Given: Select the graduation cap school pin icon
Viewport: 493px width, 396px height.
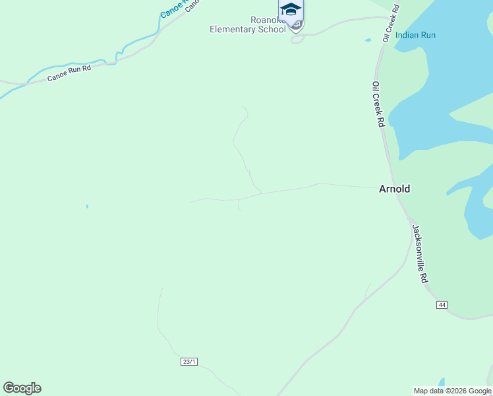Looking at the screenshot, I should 291,10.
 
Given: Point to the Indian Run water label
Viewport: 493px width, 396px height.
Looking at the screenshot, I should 415,35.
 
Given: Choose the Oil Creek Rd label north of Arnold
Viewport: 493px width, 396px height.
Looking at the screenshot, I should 378,104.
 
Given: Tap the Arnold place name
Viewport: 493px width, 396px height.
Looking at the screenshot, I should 394,189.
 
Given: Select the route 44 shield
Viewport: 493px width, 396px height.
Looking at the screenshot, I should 442,304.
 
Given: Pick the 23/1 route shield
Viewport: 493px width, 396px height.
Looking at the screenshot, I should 189,362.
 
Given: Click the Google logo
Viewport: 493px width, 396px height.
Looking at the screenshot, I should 22,388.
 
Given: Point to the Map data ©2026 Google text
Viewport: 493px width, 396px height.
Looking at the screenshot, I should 452,391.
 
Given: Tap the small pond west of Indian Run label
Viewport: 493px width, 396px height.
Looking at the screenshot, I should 368,40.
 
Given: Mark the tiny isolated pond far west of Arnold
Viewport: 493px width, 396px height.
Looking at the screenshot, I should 86,207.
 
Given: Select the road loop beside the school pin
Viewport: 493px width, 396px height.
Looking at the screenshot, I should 297,38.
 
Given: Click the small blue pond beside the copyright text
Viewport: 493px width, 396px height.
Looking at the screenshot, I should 442,382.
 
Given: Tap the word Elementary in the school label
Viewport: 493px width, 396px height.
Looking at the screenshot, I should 239,29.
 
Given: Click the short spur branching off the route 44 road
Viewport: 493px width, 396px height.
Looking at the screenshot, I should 368,290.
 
